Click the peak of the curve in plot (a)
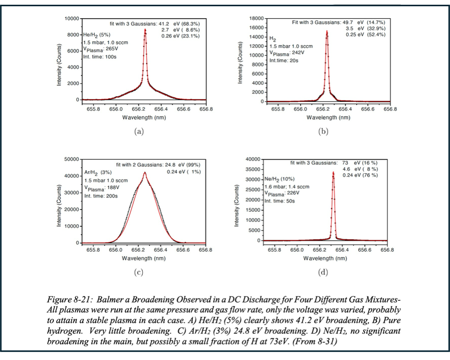tap(145, 29)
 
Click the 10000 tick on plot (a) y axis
tap(72, 18)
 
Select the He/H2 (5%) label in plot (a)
tap(97, 35)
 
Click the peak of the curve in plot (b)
tap(327, 31)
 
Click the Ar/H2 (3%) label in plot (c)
tap(98, 172)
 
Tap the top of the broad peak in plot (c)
tap(145, 173)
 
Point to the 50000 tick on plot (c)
tap(72, 159)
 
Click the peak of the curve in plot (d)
tap(333, 172)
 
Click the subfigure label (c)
tap(138, 273)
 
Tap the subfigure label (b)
tap(323, 131)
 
